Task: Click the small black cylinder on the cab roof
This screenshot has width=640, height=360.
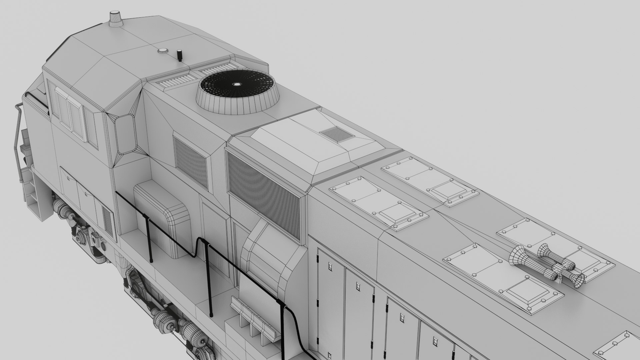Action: pyautogui.click(x=179, y=55)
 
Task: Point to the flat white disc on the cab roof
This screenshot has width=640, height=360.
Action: pyautogui.click(x=162, y=51)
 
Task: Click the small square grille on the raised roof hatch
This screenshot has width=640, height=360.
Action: pyautogui.click(x=337, y=134)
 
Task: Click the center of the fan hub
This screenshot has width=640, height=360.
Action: pyautogui.click(x=236, y=84)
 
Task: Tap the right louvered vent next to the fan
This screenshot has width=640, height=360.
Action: pyautogui.click(x=217, y=70)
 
